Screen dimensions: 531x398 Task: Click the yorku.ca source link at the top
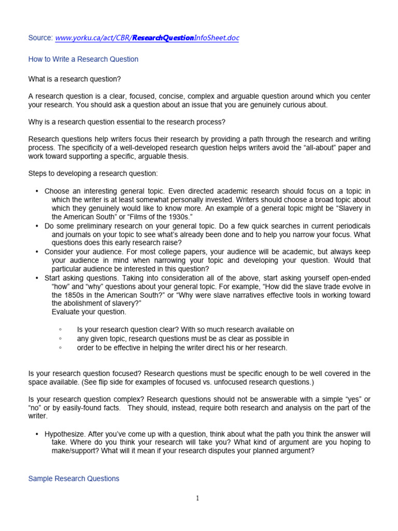click(147, 38)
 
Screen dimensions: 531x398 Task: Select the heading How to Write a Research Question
click(83, 59)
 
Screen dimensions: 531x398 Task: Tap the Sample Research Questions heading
click(74, 479)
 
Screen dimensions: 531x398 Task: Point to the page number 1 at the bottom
click(198, 499)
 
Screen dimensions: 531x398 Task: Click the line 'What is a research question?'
click(77, 78)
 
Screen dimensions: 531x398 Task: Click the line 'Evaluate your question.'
click(89, 312)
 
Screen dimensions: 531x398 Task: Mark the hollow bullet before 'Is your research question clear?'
click(61, 330)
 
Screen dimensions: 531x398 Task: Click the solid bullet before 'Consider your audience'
click(37, 251)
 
